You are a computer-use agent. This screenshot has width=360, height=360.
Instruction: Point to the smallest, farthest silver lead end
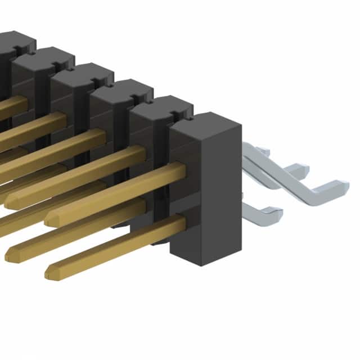point(265,152)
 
